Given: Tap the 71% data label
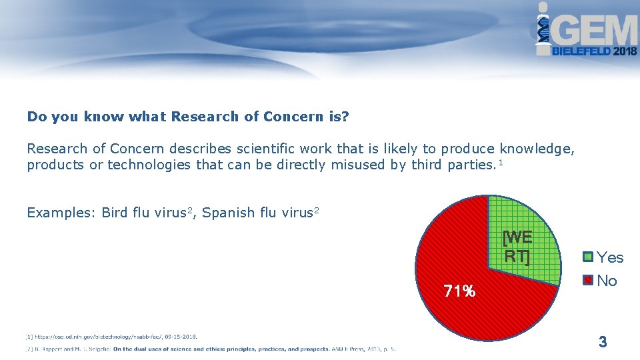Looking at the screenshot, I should point(460,291).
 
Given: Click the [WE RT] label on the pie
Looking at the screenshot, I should point(517,247).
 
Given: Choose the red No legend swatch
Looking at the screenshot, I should point(587,281).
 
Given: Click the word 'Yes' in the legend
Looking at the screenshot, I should point(610,257).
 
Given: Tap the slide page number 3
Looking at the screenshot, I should point(603,343).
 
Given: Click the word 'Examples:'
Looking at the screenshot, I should point(61,213).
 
